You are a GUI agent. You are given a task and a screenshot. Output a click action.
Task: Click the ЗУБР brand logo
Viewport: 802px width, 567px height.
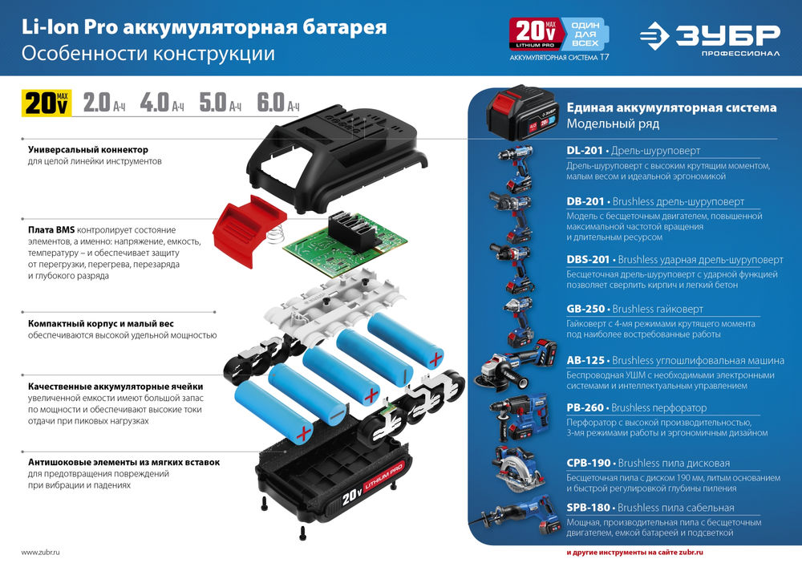tap(710, 37)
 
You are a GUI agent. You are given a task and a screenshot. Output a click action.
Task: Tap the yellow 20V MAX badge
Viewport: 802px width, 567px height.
tap(47, 103)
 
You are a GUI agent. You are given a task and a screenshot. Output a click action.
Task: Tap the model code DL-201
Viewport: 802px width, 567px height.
tap(585, 150)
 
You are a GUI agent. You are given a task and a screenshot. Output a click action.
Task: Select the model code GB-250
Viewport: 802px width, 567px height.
tap(586, 309)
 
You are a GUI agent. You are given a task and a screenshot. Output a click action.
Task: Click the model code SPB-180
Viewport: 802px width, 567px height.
tap(588, 508)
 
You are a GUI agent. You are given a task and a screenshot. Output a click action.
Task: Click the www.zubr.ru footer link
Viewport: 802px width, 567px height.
tap(40, 553)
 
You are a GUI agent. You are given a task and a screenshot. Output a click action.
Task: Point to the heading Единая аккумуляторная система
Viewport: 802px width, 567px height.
tap(671, 107)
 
